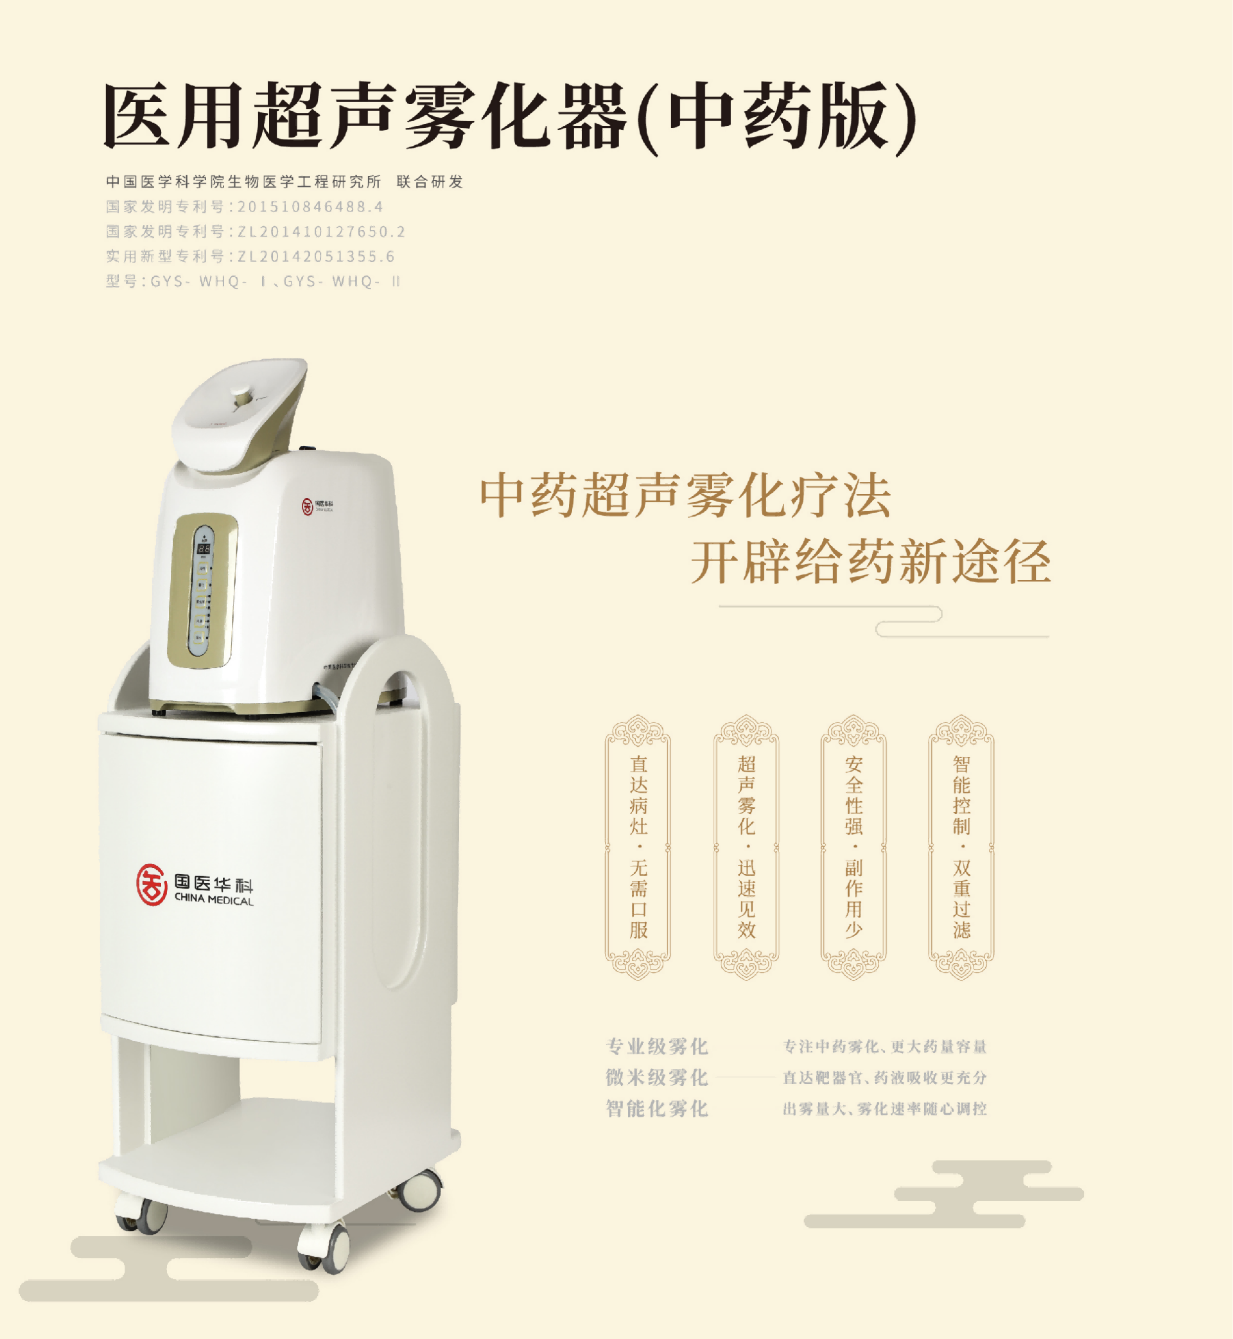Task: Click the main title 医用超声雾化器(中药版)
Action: (x=511, y=116)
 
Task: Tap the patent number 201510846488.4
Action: (x=310, y=207)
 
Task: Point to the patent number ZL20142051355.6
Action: (x=316, y=257)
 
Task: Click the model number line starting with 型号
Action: (x=254, y=281)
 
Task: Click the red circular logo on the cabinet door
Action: (x=152, y=885)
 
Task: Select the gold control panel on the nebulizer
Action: (x=202, y=590)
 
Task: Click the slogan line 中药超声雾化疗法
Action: (x=686, y=496)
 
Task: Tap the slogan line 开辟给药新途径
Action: (x=871, y=562)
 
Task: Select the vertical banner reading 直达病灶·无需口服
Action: (x=638, y=847)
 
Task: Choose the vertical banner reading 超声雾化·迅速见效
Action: (x=746, y=847)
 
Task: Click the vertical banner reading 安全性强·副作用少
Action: (x=853, y=847)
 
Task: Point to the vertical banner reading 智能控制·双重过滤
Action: (x=961, y=847)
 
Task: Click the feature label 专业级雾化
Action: (x=657, y=1047)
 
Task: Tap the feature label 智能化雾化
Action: (x=657, y=1109)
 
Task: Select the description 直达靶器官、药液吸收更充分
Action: (x=885, y=1078)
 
